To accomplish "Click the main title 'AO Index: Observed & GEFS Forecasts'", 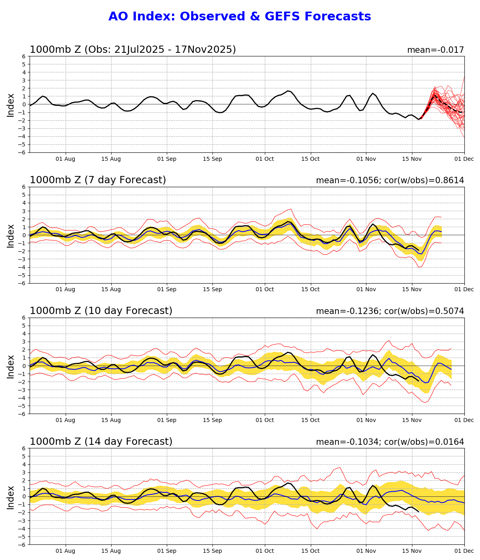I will pyautogui.click(x=240, y=17).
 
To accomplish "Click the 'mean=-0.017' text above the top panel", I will pyautogui.click(x=435, y=50).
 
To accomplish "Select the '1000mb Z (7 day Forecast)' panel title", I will pyautogui.click(x=98, y=180).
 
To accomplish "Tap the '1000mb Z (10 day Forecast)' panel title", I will pyautogui.click(x=101, y=311).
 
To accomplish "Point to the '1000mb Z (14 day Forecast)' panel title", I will pyautogui.click(x=101, y=442).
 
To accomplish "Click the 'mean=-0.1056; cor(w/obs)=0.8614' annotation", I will pyautogui.click(x=390, y=180).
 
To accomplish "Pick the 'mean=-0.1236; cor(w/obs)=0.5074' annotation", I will pyautogui.click(x=390, y=311).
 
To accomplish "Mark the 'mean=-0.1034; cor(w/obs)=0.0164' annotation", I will pyautogui.click(x=390, y=442).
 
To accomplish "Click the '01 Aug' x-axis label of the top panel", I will pyautogui.click(x=65, y=159).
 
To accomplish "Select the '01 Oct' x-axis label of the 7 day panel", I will pyautogui.click(x=265, y=290).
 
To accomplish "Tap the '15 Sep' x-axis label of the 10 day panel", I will pyautogui.click(x=212, y=420).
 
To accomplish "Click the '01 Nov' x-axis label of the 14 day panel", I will pyautogui.click(x=366, y=551).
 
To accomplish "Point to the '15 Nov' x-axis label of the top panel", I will pyautogui.click(x=412, y=159).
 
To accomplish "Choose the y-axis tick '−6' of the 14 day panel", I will pyautogui.click(x=23, y=544).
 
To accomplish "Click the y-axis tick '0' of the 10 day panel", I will pyautogui.click(x=25, y=366).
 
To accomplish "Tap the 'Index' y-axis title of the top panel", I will pyautogui.click(x=11, y=105).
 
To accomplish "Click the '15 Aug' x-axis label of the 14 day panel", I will pyautogui.click(x=111, y=551).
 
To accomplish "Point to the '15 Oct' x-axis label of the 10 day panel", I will pyautogui.click(x=311, y=420).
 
